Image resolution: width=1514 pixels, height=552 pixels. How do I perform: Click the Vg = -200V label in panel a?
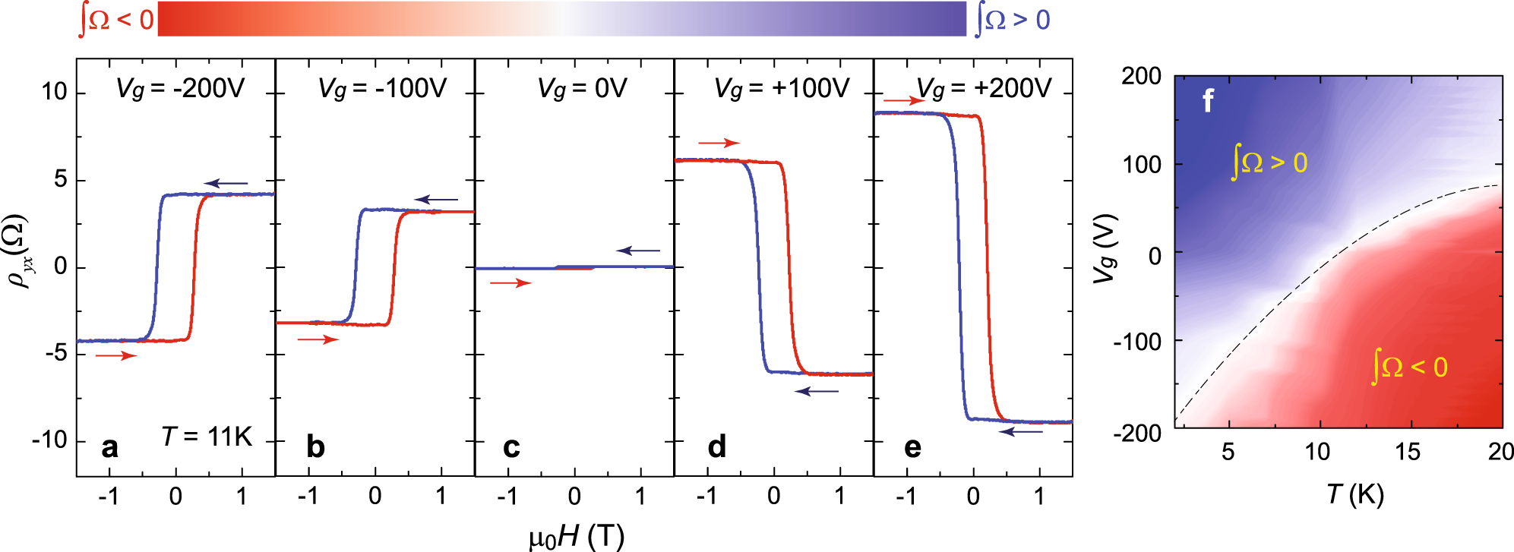click(181, 89)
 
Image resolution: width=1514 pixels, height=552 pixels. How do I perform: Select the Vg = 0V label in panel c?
click(583, 89)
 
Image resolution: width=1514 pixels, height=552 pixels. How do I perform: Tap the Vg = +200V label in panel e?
click(985, 89)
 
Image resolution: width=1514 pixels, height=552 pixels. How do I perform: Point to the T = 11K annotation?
click(207, 437)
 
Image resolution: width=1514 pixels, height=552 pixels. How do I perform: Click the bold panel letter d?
click(716, 446)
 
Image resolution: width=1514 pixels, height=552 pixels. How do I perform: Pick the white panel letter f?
click(1208, 100)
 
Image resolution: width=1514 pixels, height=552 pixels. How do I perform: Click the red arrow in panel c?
click(510, 283)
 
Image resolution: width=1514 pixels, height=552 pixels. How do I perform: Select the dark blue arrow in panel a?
click(226, 183)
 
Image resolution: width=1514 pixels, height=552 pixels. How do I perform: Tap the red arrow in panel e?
click(904, 100)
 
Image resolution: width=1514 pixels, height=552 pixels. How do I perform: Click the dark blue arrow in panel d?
click(817, 391)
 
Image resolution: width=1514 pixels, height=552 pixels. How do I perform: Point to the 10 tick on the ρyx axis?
click(55, 93)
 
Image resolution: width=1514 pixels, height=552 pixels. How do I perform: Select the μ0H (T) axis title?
click(577, 536)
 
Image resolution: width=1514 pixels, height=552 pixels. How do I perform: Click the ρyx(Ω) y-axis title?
click(18, 252)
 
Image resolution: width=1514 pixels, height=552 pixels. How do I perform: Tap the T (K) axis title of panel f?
click(1355, 494)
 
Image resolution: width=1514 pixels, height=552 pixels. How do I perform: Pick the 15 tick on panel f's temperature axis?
click(1407, 453)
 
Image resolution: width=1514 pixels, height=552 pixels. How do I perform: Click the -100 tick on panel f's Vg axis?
click(1137, 342)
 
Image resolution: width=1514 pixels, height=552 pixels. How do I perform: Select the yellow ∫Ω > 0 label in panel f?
click(1269, 162)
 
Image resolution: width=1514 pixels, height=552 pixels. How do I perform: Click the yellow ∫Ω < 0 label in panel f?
click(1410, 367)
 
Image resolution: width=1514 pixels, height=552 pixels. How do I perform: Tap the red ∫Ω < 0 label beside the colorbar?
click(116, 20)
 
